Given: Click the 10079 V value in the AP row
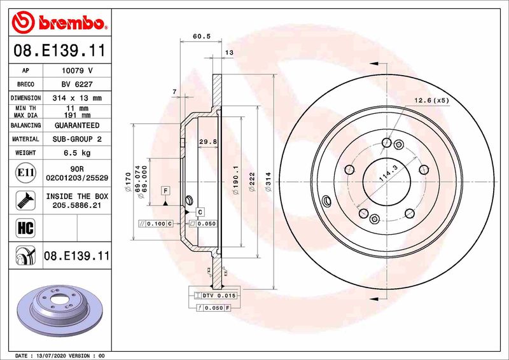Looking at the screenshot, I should pyautogui.click(x=77, y=70).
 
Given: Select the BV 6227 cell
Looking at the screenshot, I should pyautogui.click(x=77, y=84).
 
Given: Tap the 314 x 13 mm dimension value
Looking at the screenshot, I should pyautogui.click(x=77, y=98).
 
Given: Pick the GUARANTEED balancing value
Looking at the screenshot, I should pyautogui.click(x=77, y=125).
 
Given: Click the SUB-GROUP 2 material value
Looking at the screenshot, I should pyautogui.click(x=77, y=139).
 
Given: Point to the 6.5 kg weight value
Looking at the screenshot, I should pyautogui.click(x=77, y=153).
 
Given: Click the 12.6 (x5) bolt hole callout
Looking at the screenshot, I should pyautogui.click(x=431, y=100).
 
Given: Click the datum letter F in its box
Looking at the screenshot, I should pyautogui.click(x=165, y=191).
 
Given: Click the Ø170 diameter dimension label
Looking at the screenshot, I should pyautogui.click(x=128, y=181).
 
